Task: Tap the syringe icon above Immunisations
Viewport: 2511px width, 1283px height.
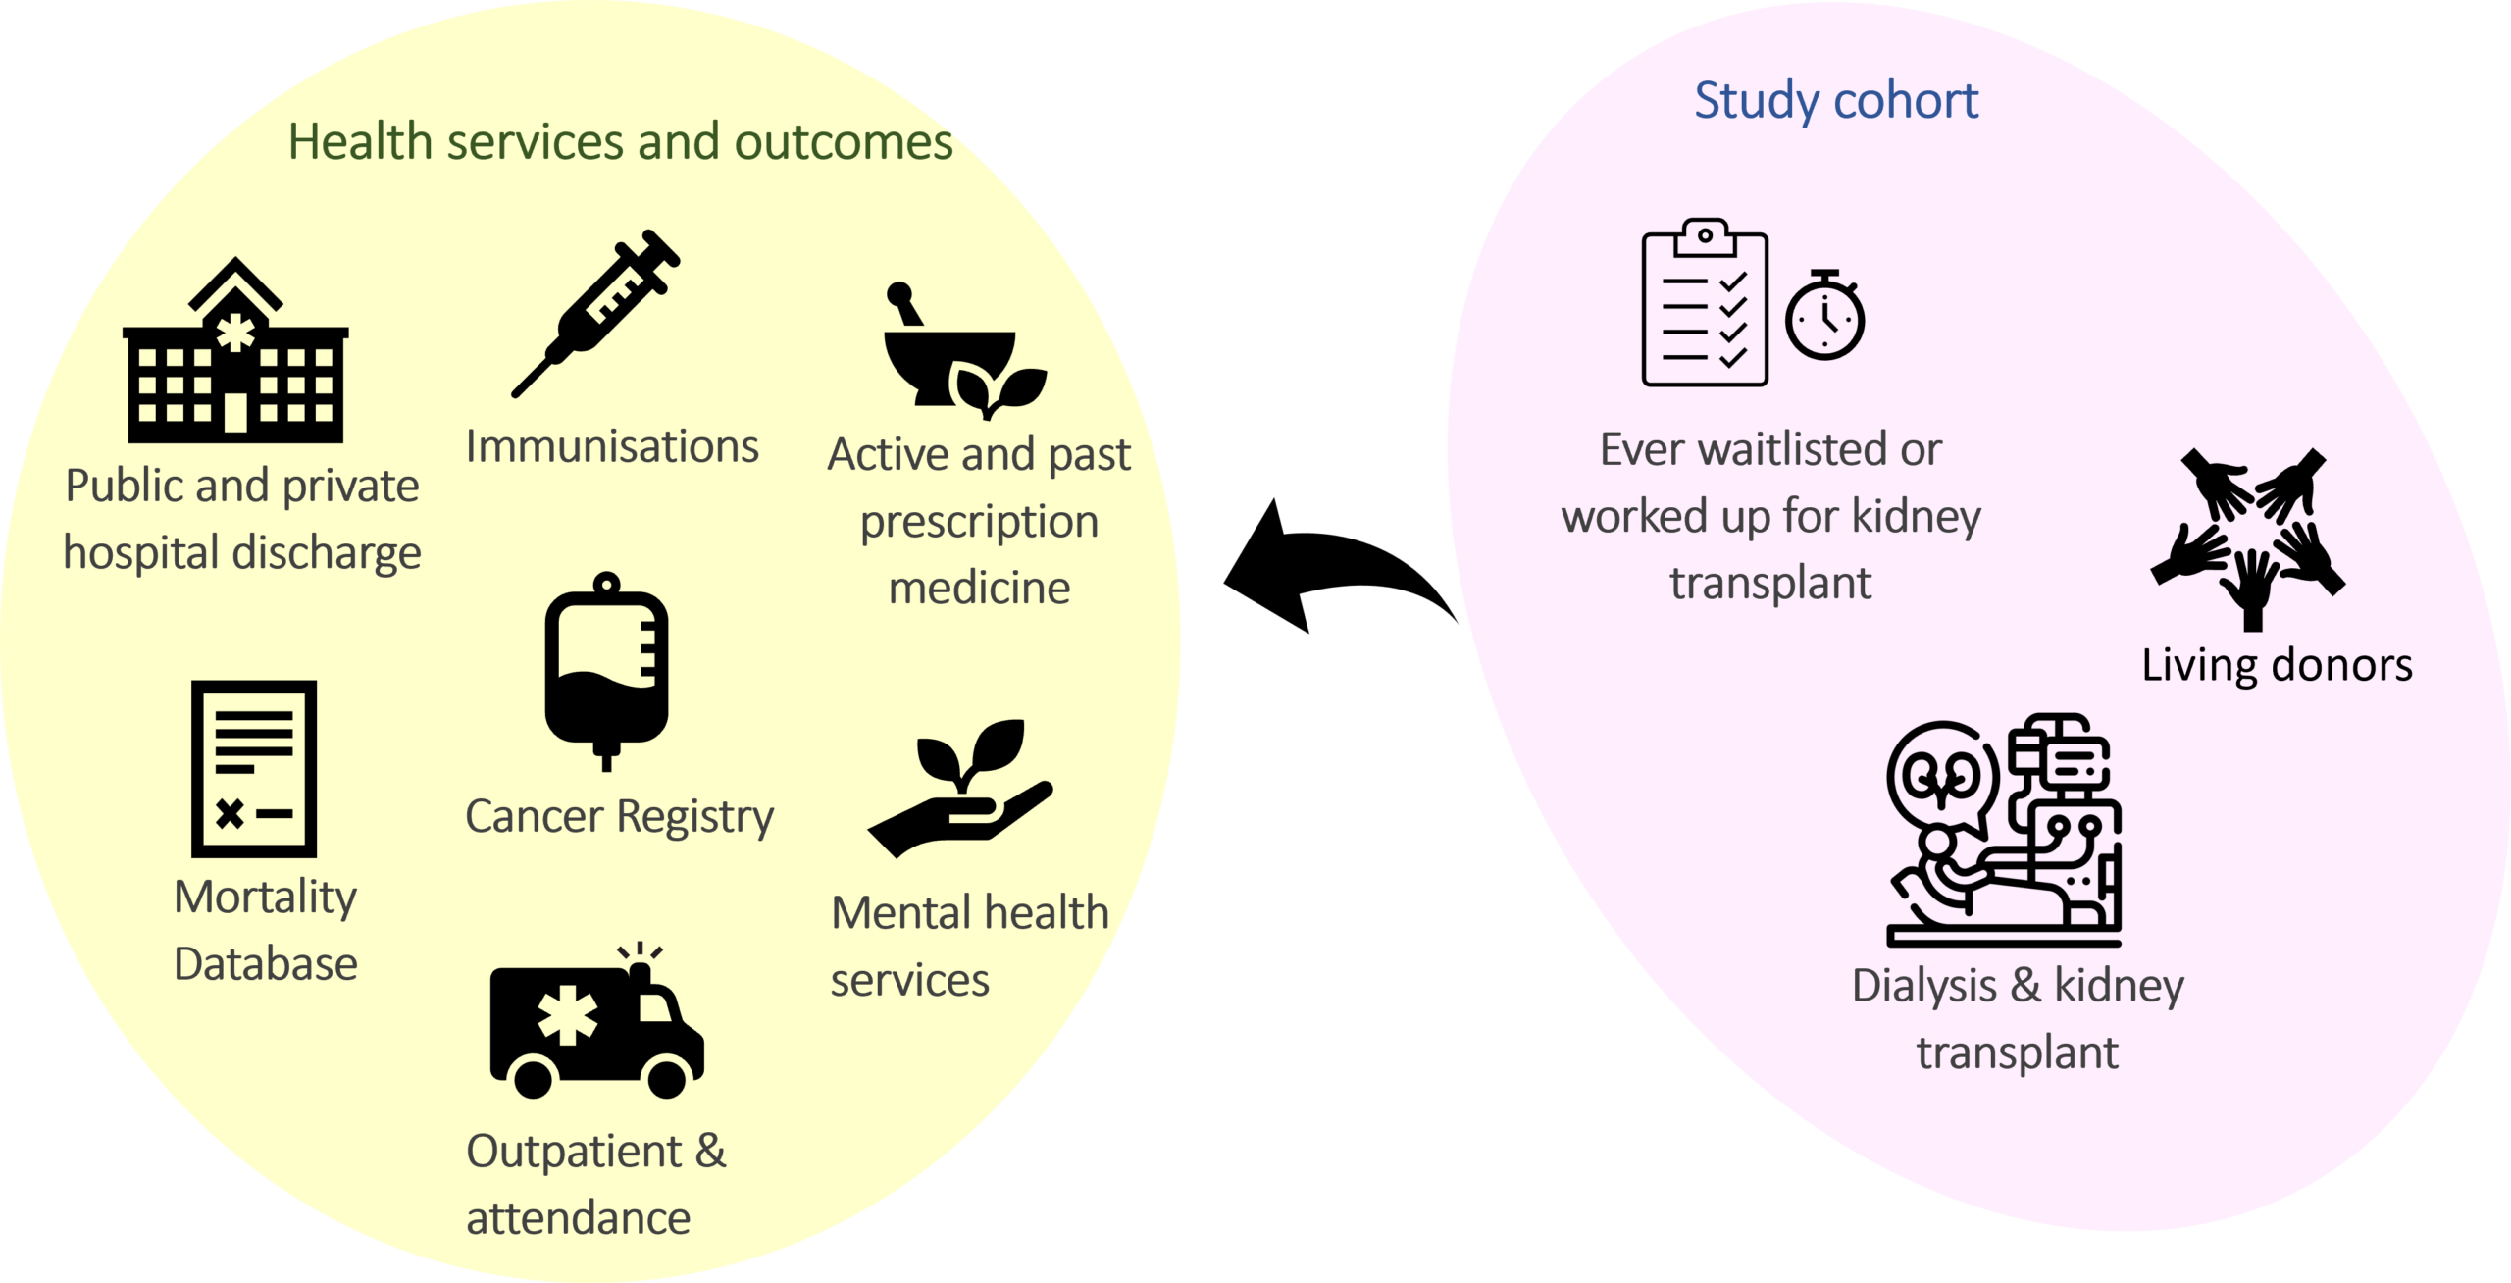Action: tap(595, 314)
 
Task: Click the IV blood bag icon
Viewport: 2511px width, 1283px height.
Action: tap(607, 671)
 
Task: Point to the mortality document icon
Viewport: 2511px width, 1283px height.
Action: tap(254, 768)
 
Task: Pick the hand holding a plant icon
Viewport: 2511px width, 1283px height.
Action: tap(960, 789)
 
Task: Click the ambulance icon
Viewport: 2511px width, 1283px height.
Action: tap(596, 1020)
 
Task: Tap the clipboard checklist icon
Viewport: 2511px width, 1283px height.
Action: tap(1705, 302)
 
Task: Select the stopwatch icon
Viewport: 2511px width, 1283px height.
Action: tap(1824, 315)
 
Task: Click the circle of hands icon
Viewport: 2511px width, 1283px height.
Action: tap(2249, 539)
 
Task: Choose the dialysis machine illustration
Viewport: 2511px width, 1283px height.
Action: tap(2004, 830)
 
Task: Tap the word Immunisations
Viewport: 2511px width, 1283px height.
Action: tap(612, 446)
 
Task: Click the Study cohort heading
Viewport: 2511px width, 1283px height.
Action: tap(1836, 100)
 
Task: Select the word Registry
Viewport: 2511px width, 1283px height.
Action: tap(695, 818)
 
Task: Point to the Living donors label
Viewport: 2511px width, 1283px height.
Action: tap(2277, 666)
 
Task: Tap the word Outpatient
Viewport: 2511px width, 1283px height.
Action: tap(574, 1153)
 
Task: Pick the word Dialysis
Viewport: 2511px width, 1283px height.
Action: tap(1923, 987)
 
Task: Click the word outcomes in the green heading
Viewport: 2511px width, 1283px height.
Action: tap(844, 142)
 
